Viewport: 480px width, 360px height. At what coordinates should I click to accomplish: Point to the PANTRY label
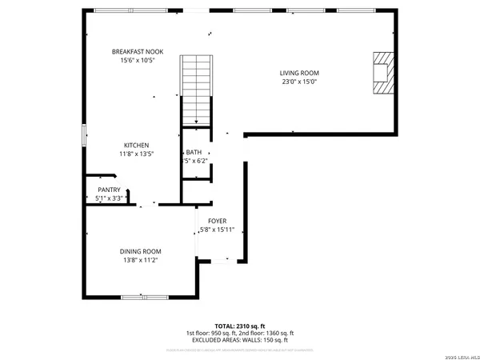click(109, 190)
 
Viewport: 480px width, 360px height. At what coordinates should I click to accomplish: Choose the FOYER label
click(218, 221)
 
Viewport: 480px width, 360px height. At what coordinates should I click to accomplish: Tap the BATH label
click(194, 152)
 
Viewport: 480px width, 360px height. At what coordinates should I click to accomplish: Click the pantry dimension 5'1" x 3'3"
click(109, 198)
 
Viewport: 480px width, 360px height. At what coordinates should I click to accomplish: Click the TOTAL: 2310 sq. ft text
click(240, 326)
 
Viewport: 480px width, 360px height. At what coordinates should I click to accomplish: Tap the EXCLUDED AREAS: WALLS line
click(240, 340)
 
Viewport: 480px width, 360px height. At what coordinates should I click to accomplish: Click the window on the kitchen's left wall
click(82, 135)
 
